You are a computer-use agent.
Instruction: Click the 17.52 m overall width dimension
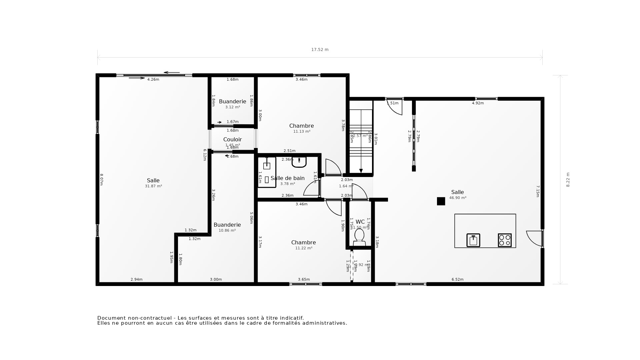coord(320,50)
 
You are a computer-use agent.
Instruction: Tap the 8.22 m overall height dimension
coord(568,180)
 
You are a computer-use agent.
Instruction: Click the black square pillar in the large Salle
coord(441,201)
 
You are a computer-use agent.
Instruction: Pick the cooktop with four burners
coord(505,240)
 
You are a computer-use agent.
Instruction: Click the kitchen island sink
coord(473,240)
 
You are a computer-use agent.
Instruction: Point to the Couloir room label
coord(232,139)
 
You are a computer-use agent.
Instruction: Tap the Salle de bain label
coord(287,178)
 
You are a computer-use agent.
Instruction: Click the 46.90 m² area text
coord(458,198)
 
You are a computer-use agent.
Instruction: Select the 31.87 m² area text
coord(153,186)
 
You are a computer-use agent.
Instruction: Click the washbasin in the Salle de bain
coord(299,162)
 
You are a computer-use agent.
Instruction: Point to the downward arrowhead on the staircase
coord(361,171)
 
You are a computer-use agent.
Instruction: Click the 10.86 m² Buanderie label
coord(227,225)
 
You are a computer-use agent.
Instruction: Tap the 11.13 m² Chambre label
coord(301,126)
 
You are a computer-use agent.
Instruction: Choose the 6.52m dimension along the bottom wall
coord(457,279)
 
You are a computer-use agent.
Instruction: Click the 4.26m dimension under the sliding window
coord(153,79)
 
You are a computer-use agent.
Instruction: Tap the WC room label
coord(360,222)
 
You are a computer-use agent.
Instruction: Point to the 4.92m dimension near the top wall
coord(478,103)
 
